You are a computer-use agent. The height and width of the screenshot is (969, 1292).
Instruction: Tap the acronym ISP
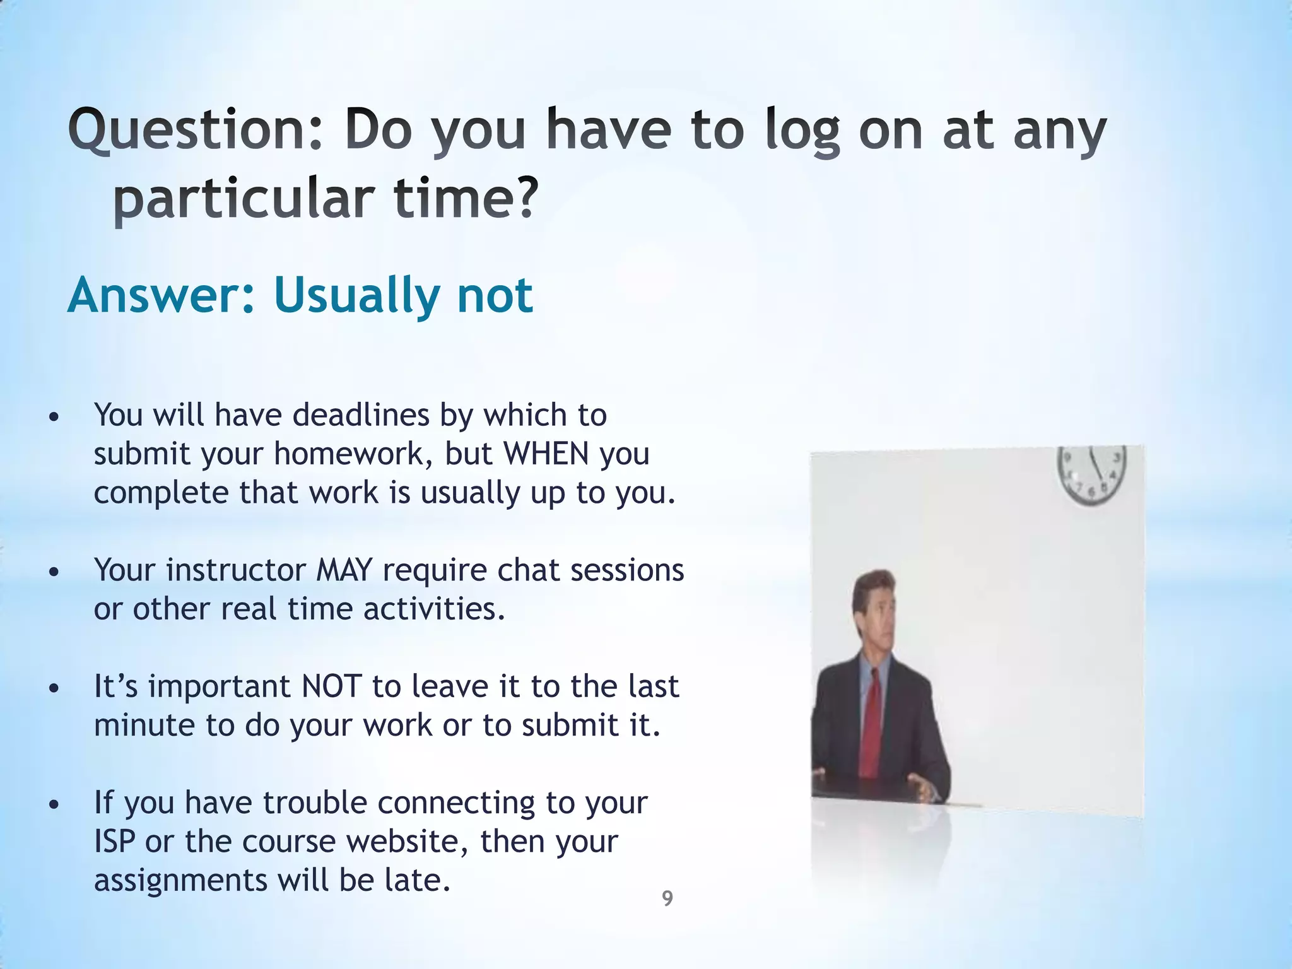pos(114,842)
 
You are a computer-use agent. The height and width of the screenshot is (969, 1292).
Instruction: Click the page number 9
pos(667,898)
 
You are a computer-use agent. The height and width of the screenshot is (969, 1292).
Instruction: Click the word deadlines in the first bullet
pos(361,415)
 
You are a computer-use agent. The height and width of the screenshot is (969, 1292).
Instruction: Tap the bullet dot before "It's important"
pos(54,688)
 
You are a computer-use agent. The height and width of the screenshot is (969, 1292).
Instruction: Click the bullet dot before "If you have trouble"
pos(54,805)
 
